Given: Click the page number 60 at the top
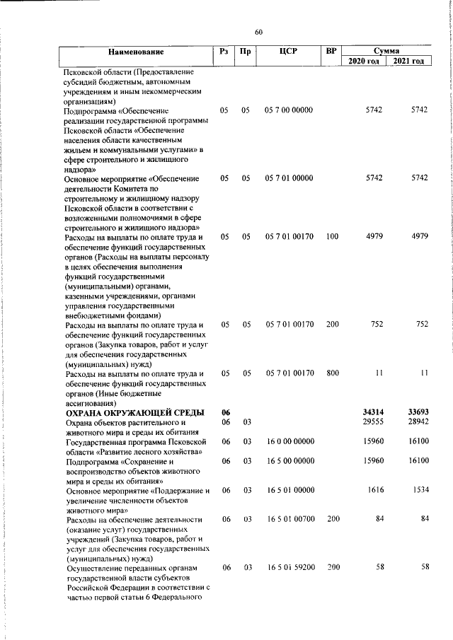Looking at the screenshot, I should [258, 32].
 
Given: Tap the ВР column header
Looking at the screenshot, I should [331, 51].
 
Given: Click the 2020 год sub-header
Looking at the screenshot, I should [365, 62].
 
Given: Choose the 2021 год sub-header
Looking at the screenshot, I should [409, 62].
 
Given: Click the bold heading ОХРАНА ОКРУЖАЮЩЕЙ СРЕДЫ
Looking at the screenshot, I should [135, 412].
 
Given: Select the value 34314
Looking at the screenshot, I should [372, 412].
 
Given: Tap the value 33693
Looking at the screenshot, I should [418, 412].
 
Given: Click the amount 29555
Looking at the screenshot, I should [372, 422].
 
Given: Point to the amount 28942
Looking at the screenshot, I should [418, 422].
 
